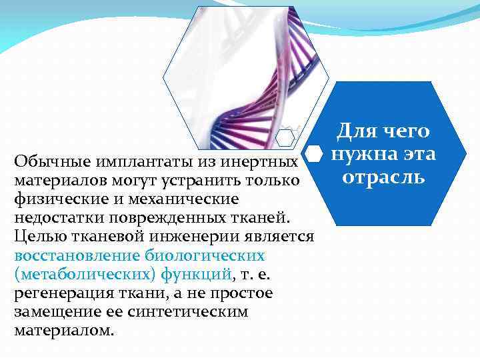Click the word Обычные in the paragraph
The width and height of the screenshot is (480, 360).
43,162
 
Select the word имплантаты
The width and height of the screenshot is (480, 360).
127,162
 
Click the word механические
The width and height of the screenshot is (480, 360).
167,199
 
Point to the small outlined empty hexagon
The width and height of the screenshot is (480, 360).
285,137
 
